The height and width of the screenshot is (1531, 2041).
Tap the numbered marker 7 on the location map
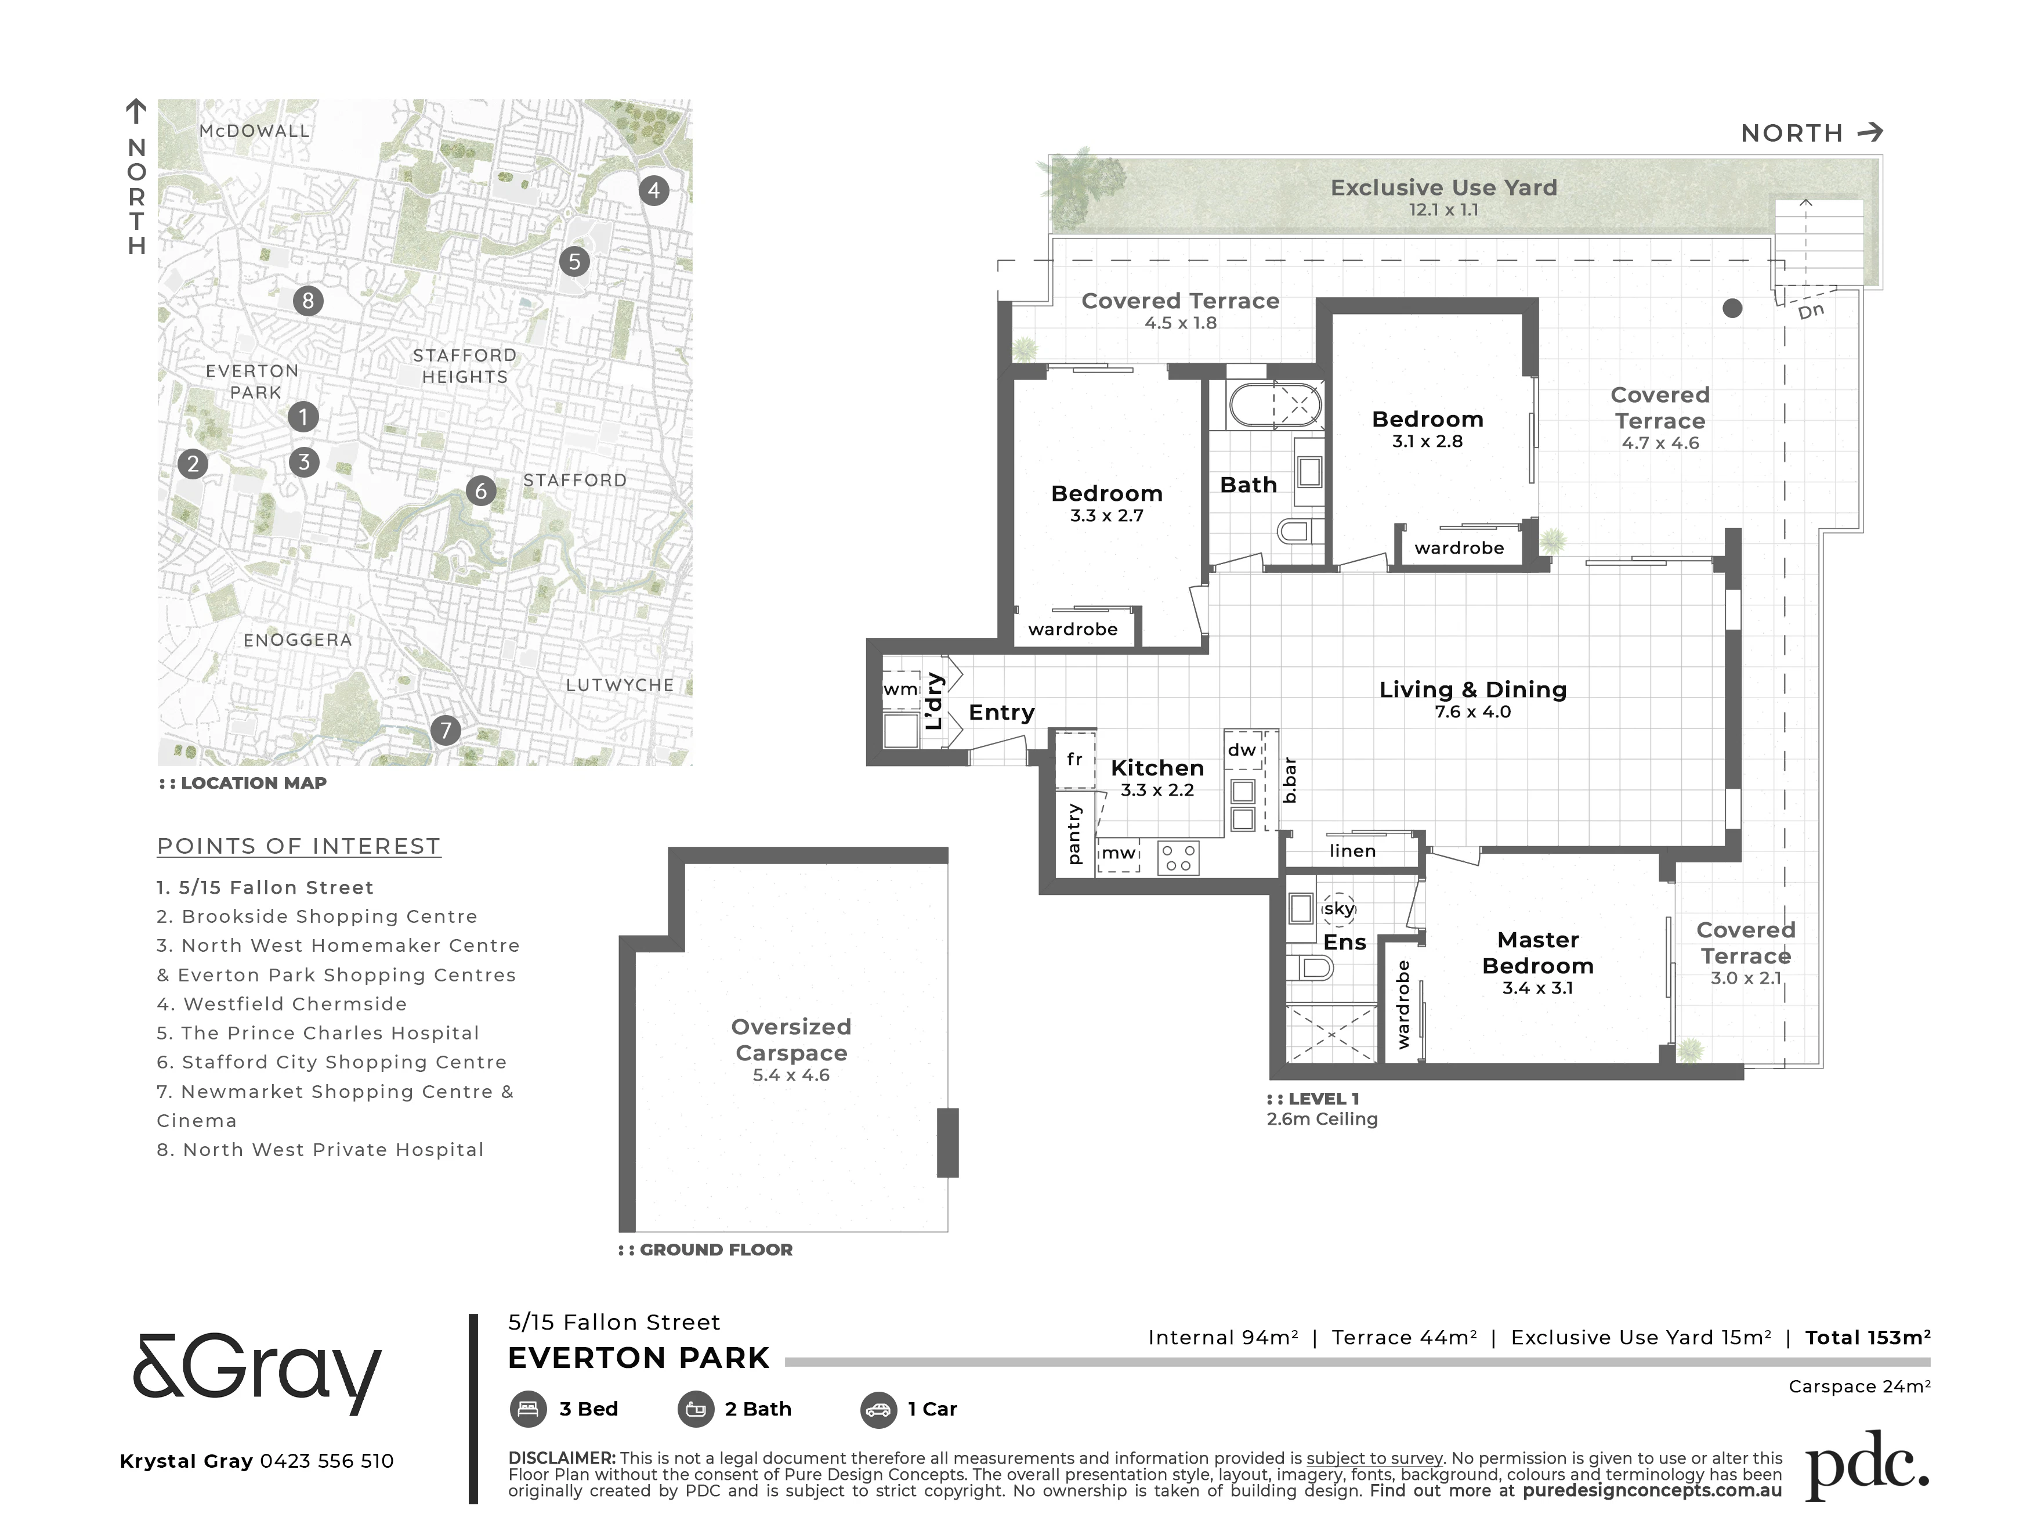pyautogui.click(x=446, y=731)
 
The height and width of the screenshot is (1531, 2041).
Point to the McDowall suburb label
pyautogui.click(x=255, y=131)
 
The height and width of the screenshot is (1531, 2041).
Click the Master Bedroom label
pyautogui.click(x=1538, y=952)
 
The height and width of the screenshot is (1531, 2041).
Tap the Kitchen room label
pyautogui.click(x=1157, y=768)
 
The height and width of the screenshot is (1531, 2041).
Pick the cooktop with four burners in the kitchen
pyautogui.click(x=1178, y=857)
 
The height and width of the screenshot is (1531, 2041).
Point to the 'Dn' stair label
pyautogui.click(x=1811, y=311)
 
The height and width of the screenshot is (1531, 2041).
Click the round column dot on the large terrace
pyautogui.click(x=1733, y=308)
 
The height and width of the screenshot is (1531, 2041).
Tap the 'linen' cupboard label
pyautogui.click(x=1353, y=851)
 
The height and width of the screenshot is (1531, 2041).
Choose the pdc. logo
pyautogui.click(x=1866, y=1465)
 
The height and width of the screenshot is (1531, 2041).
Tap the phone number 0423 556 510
pyautogui.click(x=327, y=1461)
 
